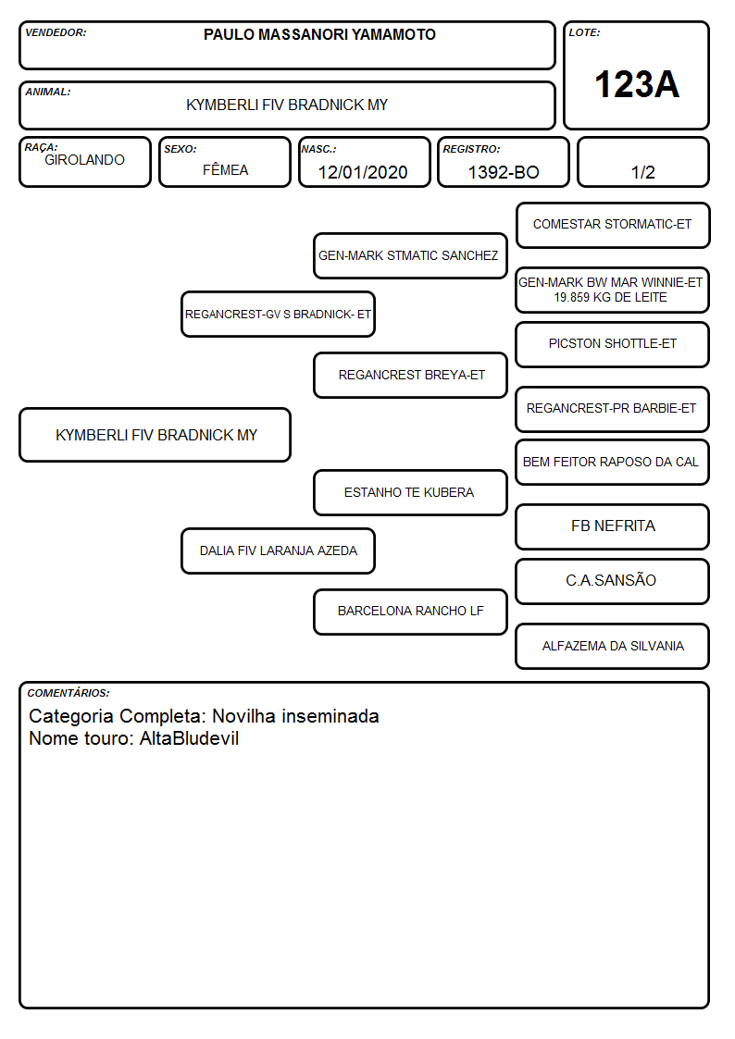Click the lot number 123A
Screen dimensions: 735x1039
point(637,85)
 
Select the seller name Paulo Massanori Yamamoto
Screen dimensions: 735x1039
point(319,34)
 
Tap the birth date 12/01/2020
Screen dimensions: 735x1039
point(363,172)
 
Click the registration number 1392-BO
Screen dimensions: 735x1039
point(504,172)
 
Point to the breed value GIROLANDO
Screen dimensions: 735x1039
point(84,160)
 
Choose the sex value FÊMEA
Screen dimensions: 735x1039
point(225,169)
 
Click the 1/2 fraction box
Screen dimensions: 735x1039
point(642,162)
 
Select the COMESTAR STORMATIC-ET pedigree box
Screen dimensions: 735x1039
point(613,226)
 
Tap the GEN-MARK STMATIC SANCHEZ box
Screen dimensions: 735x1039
point(410,255)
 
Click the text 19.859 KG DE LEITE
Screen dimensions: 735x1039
point(610,298)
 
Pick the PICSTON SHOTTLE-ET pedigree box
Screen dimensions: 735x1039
point(613,344)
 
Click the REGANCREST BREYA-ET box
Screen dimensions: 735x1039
point(410,375)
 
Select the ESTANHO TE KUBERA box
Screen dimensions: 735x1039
point(410,492)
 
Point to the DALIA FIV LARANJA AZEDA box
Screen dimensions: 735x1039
point(278,550)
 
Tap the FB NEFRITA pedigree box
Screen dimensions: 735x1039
point(613,526)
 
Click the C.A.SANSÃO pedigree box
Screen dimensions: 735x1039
point(613,581)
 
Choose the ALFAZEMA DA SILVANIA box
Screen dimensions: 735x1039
point(613,646)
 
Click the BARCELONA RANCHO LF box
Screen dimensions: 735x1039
point(410,612)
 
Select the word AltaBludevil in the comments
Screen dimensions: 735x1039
point(189,738)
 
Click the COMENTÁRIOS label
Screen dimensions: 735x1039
point(69,693)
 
